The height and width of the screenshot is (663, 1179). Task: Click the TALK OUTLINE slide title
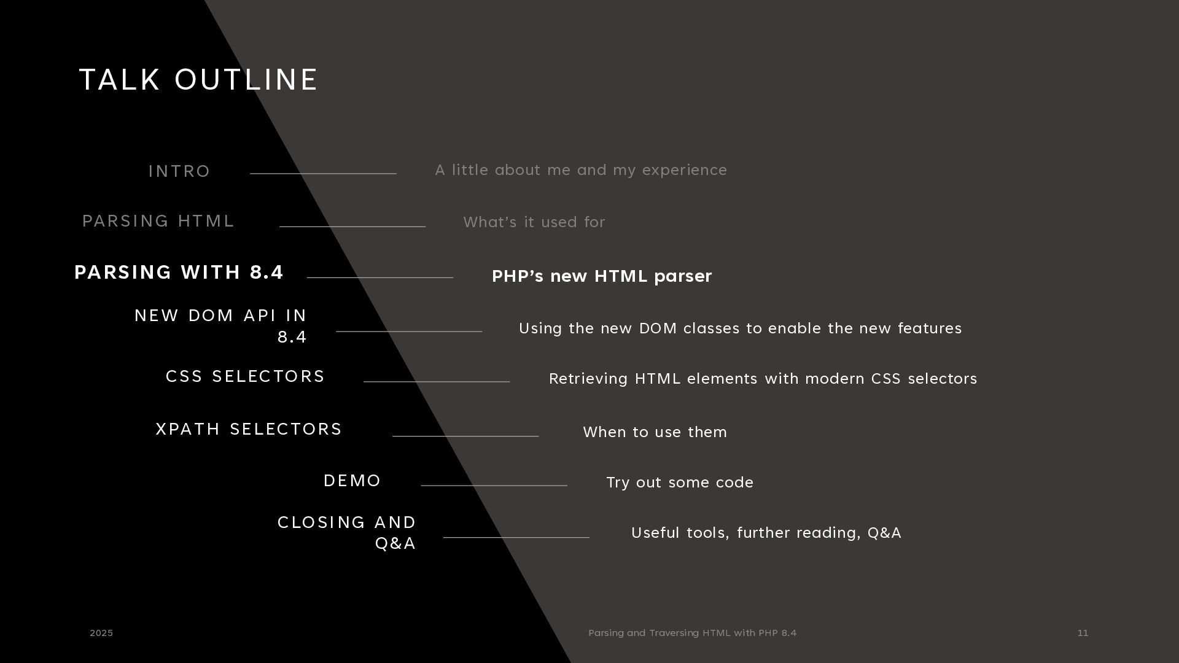198,80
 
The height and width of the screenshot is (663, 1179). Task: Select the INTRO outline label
179,171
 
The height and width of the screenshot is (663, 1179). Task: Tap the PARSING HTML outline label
158,221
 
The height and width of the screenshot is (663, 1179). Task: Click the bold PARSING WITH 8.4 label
179,272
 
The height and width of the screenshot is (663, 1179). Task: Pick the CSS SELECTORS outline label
245,376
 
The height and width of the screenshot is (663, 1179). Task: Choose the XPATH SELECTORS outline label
249,429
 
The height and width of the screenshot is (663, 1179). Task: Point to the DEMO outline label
352,481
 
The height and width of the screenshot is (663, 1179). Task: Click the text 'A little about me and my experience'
581,170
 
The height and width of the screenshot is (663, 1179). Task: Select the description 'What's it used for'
534,222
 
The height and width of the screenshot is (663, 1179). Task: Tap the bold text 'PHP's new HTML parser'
602,276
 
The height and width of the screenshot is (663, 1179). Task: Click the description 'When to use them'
655,432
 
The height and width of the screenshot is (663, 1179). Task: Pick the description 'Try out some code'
680,483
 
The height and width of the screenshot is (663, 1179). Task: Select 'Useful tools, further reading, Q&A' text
766,533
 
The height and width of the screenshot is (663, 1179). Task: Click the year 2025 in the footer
101,633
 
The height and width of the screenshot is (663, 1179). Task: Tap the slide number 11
1083,633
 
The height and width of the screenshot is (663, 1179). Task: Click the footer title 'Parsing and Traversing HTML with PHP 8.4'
692,633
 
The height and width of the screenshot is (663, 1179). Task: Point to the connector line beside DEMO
494,485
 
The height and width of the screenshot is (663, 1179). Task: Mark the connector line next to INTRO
323,174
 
